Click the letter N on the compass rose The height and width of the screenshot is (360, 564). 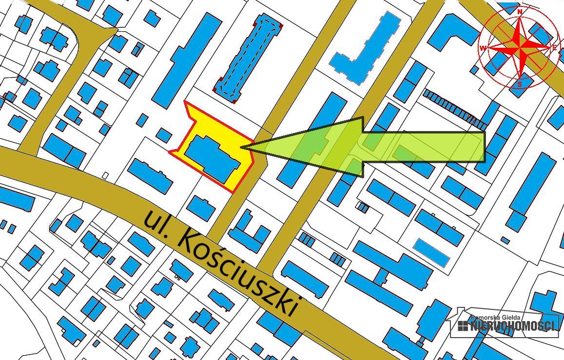[520, 11]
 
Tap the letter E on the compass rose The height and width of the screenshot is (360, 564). [554, 48]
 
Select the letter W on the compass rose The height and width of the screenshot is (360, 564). [483, 48]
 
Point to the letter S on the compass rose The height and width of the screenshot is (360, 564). [520, 84]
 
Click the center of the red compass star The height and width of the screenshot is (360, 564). [520, 47]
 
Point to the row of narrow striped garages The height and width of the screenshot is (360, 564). [453, 108]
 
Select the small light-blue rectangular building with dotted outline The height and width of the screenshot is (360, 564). [431, 252]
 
